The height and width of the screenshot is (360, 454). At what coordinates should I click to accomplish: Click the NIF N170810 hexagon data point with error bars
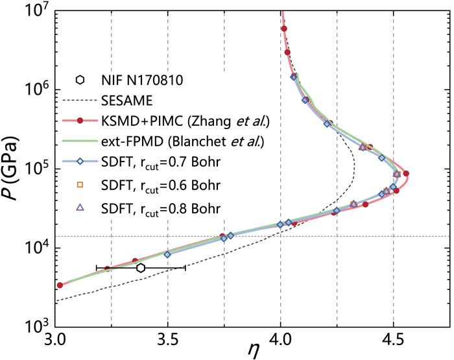(x=140, y=268)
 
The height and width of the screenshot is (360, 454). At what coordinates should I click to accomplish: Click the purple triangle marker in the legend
(x=80, y=208)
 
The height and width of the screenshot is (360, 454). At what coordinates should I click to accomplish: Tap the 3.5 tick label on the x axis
(x=168, y=338)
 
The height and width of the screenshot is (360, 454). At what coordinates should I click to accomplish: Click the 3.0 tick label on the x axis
(x=56, y=338)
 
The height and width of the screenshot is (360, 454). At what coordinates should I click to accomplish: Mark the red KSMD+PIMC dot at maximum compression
(x=406, y=174)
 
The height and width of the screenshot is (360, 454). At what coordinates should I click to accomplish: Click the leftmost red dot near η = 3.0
(x=60, y=285)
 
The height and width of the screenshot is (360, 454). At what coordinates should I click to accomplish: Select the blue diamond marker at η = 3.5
(x=168, y=254)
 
